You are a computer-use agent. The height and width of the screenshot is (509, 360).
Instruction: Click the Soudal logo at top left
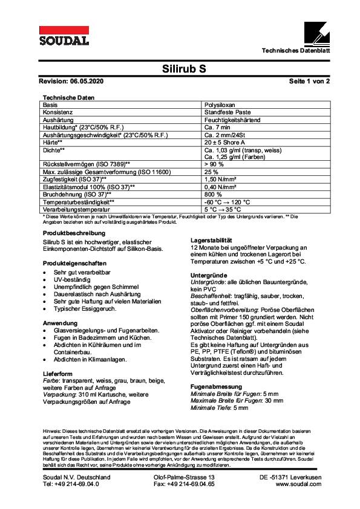[x=64, y=36]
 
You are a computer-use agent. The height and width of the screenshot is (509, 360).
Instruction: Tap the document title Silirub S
[x=185, y=68]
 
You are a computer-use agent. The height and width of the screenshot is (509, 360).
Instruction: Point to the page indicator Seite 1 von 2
[x=309, y=80]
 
